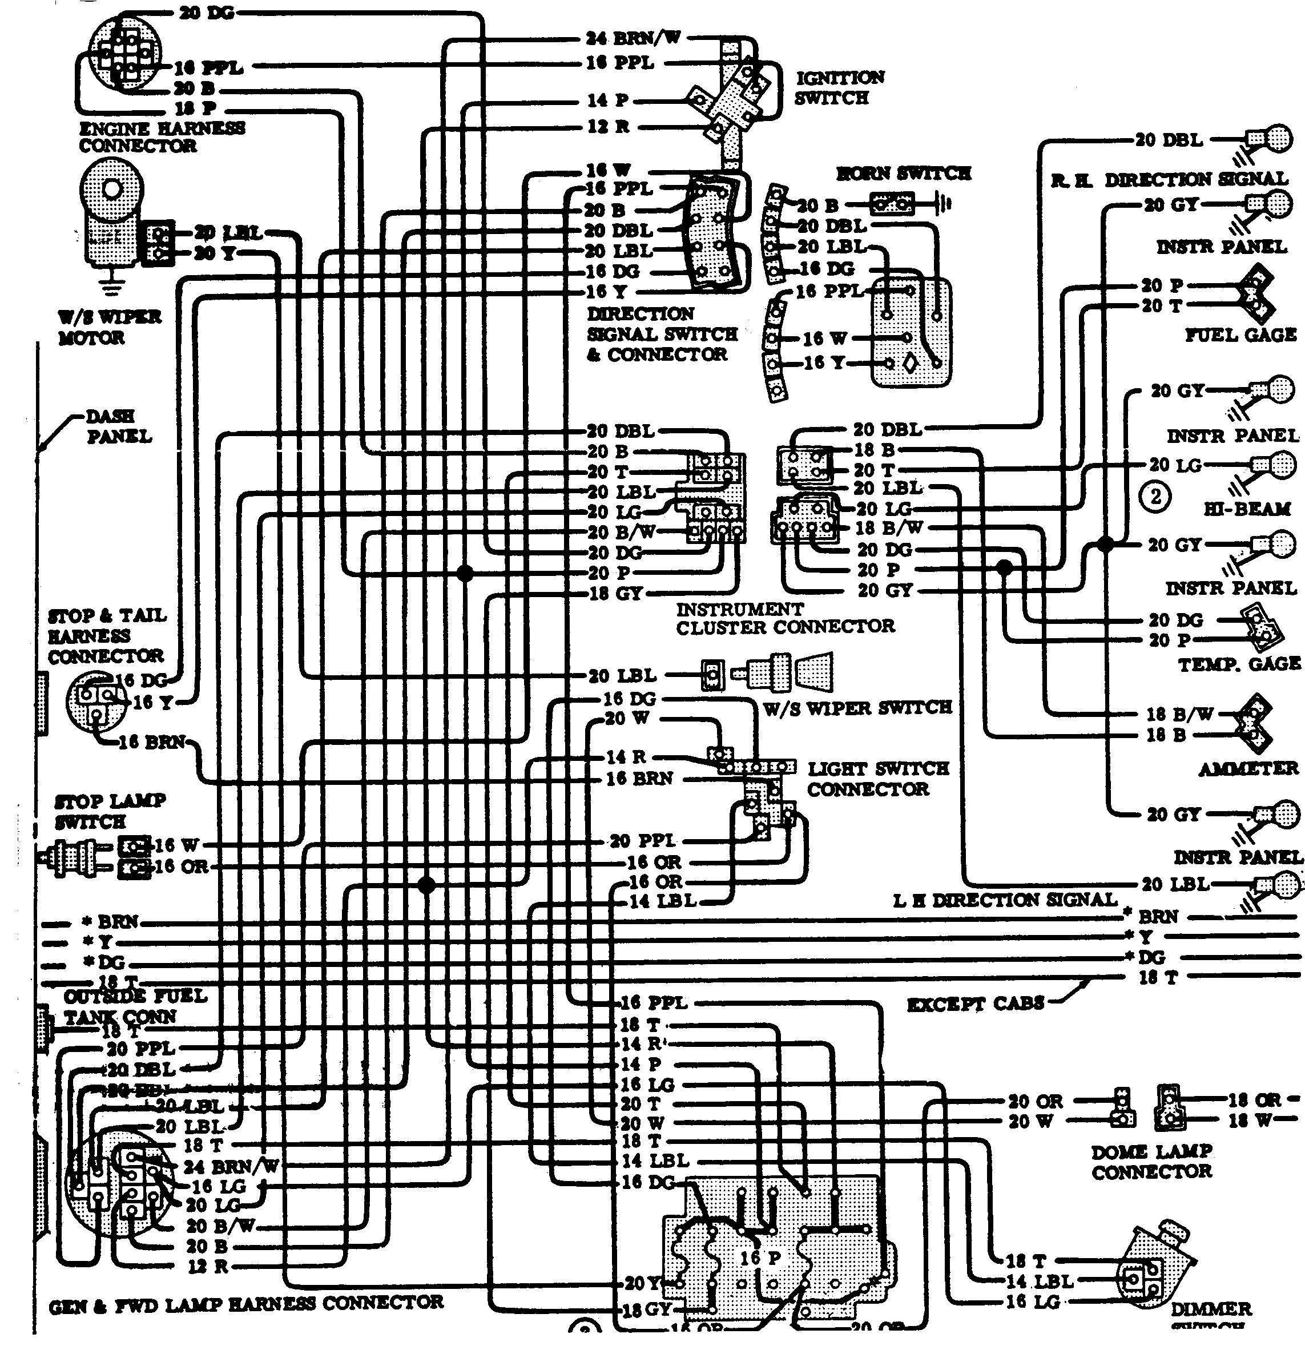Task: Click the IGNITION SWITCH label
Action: (839, 88)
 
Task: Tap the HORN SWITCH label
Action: (903, 174)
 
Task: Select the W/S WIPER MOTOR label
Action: (110, 328)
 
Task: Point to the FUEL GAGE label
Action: (1240, 335)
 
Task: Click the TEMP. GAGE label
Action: (1239, 664)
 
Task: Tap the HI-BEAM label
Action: (1247, 509)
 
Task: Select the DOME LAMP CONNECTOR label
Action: (1152, 1161)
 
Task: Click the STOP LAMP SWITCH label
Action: (110, 811)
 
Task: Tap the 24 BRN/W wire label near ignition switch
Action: (633, 38)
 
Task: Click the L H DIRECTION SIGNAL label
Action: (1005, 900)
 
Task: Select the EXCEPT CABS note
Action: (975, 1004)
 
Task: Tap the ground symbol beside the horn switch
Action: (944, 204)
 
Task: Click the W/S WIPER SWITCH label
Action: (858, 708)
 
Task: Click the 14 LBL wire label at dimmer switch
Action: (1039, 1281)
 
